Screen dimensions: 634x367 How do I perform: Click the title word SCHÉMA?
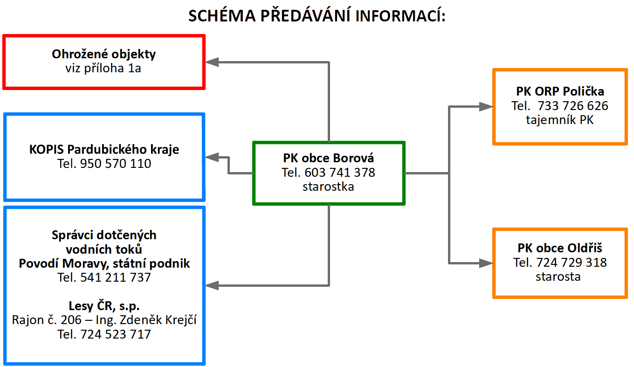pos(222,15)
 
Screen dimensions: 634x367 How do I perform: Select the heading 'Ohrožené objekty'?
pos(103,54)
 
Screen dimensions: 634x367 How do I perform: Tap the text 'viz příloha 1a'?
pos(103,69)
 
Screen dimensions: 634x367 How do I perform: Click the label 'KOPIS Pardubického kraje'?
pos(104,150)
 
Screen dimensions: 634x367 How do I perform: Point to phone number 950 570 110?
pos(116,164)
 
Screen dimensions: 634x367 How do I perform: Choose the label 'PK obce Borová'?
pos(328,158)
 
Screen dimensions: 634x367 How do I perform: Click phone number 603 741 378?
pos(340,173)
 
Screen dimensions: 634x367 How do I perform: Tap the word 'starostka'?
pos(328,187)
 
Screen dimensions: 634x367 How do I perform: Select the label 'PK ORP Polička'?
pos(560,91)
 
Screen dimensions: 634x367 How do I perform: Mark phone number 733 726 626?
pos(572,106)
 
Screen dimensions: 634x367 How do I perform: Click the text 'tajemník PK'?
pos(560,120)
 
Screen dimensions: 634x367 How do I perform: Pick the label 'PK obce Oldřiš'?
pos(560,248)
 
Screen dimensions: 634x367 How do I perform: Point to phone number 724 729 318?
pos(572,263)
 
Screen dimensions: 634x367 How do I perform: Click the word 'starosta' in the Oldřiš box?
pos(558,277)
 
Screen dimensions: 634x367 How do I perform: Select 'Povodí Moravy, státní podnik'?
pos(104,263)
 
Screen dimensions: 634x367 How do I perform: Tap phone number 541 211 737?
pos(116,277)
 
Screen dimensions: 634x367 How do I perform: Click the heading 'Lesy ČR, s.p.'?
pos(104,306)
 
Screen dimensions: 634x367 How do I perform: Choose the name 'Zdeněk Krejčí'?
pos(158,320)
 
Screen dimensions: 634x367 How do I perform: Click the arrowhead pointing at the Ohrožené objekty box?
pos(212,62)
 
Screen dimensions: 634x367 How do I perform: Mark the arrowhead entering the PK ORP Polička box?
pos(486,106)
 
